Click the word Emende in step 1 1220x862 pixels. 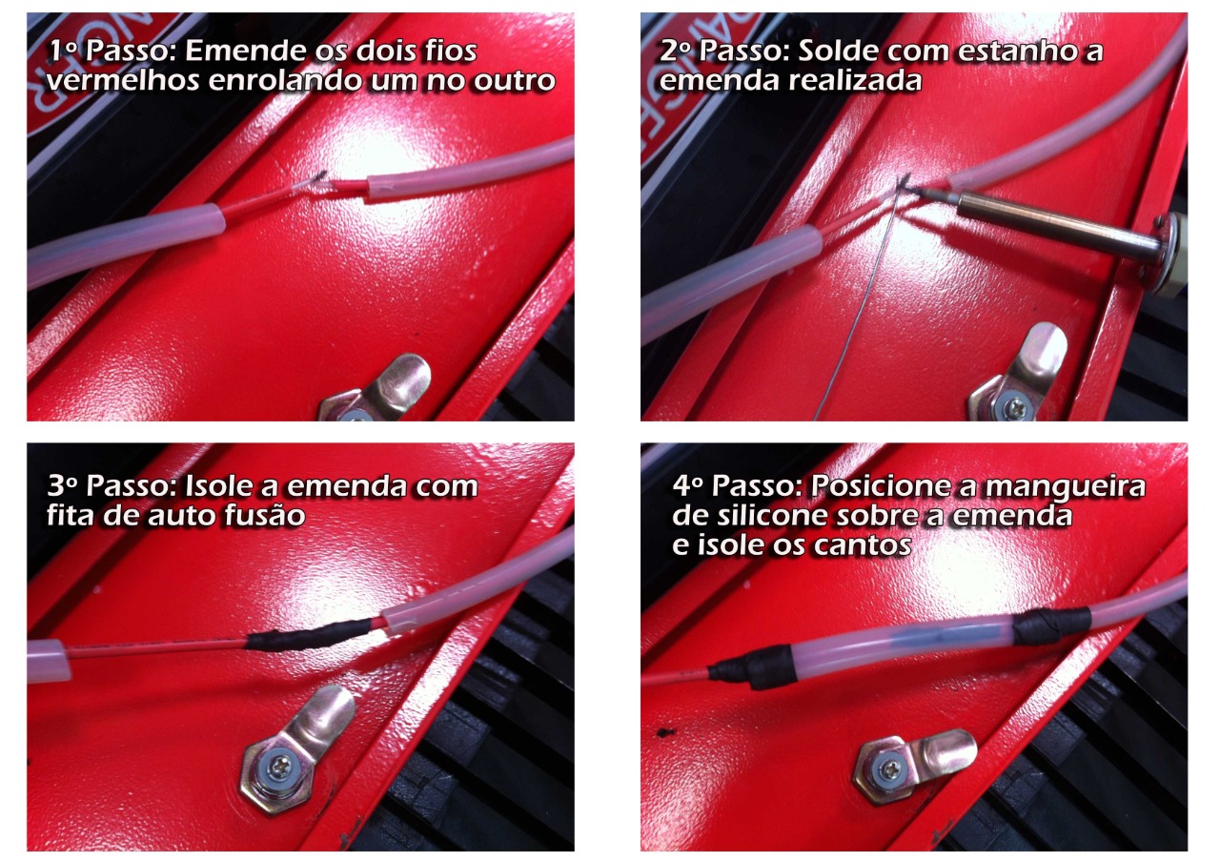tap(245, 51)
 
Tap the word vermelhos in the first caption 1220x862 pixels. tap(123, 81)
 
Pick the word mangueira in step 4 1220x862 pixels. tap(1066, 486)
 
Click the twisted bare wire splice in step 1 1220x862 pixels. tap(315, 181)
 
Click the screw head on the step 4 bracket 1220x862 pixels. tap(891, 770)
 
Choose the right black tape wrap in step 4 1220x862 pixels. tap(1051, 626)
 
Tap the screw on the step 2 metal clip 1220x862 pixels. tap(1015, 406)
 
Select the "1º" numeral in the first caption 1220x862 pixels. tap(63, 51)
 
